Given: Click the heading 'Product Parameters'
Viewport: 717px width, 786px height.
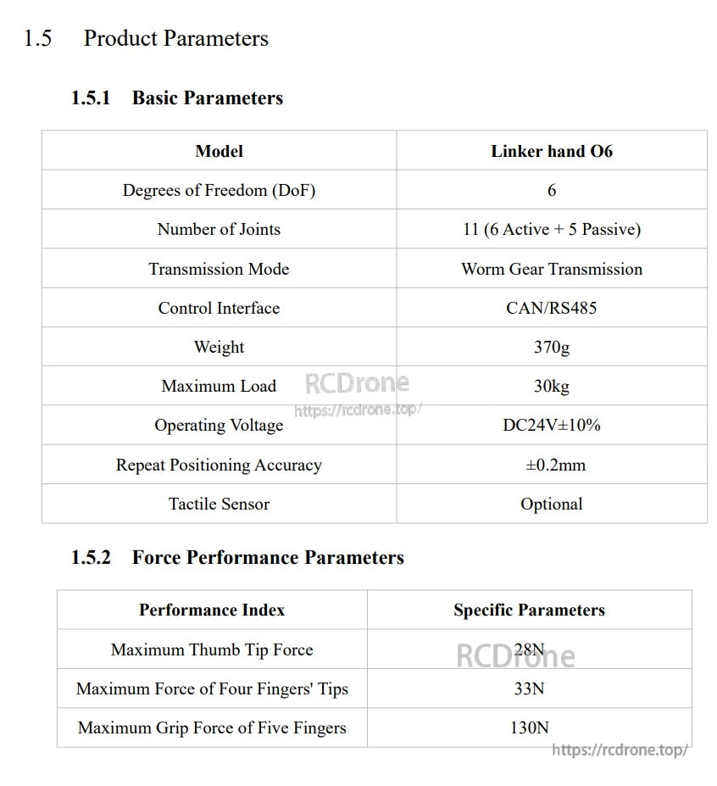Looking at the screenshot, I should tap(175, 38).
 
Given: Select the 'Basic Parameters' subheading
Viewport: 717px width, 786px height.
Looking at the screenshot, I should tap(207, 98).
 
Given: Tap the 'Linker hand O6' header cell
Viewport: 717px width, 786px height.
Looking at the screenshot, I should tap(551, 151).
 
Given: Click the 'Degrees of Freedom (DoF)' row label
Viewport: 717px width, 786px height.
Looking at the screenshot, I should tap(219, 190).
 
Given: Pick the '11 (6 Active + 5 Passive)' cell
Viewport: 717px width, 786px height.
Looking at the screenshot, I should tap(551, 229).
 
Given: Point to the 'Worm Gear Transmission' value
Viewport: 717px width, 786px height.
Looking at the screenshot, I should tap(551, 269).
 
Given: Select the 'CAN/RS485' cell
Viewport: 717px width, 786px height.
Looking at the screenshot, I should tap(551, 308).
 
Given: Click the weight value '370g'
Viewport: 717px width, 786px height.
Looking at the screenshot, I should tap(551, 347).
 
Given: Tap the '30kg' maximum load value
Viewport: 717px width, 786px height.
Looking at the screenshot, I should tap(551, 386).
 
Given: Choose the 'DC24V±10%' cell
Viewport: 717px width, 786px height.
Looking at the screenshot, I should tap(551, 425).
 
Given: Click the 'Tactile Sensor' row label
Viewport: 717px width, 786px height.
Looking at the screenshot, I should tap(219, 504).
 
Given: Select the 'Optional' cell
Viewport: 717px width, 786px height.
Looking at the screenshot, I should tap(551, 504).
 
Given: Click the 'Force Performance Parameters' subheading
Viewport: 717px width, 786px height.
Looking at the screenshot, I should tap(267, 557).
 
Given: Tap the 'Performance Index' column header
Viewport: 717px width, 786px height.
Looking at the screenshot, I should tap(212, 610).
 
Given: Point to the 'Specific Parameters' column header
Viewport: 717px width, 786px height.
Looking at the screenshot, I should tap(529, 610).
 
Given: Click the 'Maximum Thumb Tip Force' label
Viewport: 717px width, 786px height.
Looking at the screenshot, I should tap(212, 649).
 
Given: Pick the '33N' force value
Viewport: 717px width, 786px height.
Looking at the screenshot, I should tap(529, 688).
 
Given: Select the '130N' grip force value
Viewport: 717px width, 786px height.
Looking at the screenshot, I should tap(529, 727).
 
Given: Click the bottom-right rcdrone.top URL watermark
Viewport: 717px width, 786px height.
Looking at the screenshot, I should tap(619, 750).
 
